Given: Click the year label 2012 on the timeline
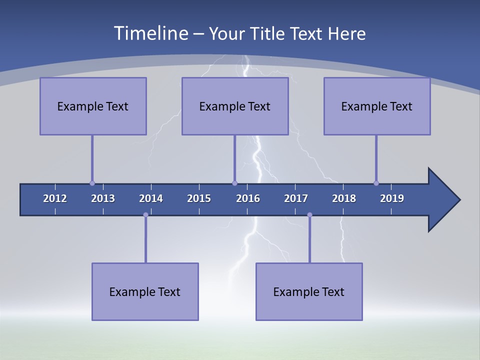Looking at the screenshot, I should tap(55, 198).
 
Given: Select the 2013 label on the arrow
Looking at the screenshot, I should tap(103, 198).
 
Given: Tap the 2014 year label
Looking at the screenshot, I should tap(151, 198).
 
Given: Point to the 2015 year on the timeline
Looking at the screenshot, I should tap(199, 198).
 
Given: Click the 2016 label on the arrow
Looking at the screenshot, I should tap(248, 198).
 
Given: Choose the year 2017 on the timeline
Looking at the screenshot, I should tap(296, 198).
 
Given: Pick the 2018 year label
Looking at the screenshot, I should tap(344, 198).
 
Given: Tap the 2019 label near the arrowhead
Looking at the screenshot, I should tap(392, 198).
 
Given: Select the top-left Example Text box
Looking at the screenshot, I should tap(93, 106).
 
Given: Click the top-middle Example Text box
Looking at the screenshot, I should tap(235, 106).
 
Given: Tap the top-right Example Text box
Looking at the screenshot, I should tap(377, 106).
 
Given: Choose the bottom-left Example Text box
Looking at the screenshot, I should tap(145, 292).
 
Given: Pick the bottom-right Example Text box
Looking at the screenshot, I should tap(309, 292).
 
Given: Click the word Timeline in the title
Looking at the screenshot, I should tap(150, 33).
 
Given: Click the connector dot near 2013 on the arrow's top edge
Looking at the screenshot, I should tap(92, 183).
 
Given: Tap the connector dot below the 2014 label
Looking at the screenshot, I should tap(145, 215).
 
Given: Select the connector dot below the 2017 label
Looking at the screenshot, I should tap(309, 215).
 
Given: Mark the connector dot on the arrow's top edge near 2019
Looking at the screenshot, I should tap(376, 183).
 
